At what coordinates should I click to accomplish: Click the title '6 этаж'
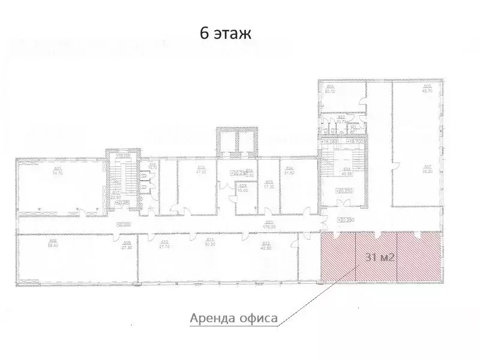point(226,34)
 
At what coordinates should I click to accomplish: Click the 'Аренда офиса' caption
point(233,317)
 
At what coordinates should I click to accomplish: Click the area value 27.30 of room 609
point(127,247)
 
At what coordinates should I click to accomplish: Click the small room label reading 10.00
point(243,190)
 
